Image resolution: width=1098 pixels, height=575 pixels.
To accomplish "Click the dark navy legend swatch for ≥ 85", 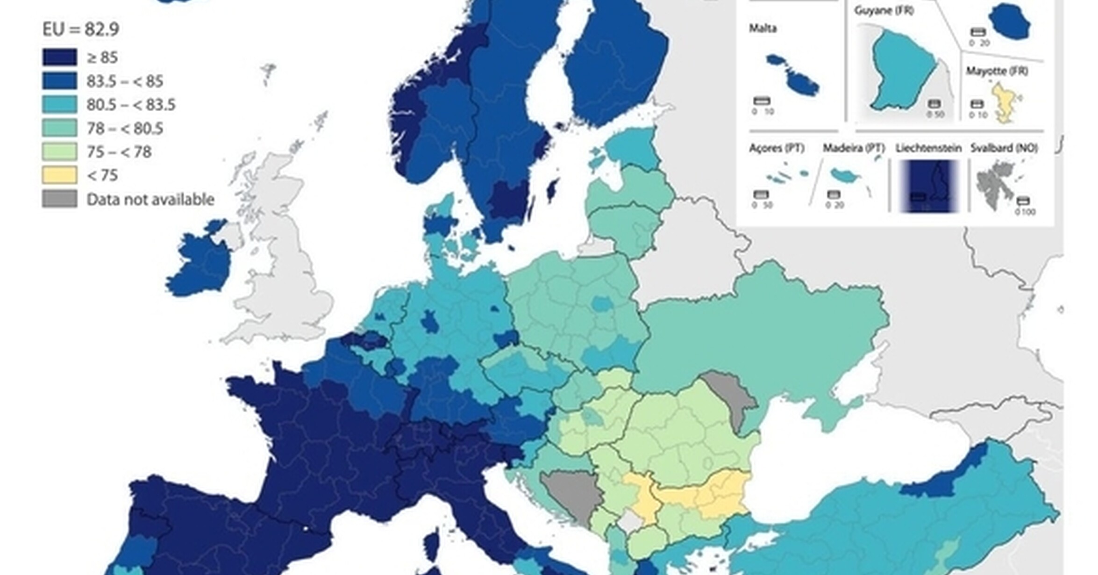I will pos(60,57).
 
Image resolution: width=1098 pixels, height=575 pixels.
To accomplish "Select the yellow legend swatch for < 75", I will pos(60,175).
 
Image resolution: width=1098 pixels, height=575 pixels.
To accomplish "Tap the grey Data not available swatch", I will pos(60,199).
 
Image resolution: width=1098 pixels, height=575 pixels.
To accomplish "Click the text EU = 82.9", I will pos(81,29).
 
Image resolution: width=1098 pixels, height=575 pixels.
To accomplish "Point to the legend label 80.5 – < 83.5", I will pos(131,105).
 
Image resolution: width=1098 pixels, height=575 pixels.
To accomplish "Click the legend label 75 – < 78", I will pos(119,152).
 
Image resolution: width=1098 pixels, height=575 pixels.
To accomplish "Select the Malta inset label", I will pos(763,29).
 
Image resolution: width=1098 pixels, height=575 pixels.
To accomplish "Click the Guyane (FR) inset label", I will pos(884,10).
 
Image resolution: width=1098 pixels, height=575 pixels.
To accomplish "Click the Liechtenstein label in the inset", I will pos(928,148).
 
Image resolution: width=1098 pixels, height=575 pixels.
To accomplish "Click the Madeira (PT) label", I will pos(854,148).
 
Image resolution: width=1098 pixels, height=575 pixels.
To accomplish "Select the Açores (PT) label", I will pos(777,148).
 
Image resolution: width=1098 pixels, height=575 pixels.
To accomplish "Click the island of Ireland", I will pos(201,264).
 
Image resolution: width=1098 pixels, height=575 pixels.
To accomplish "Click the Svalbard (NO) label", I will pos(1004,148).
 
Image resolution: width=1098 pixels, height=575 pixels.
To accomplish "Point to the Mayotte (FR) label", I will pos(997,71).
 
